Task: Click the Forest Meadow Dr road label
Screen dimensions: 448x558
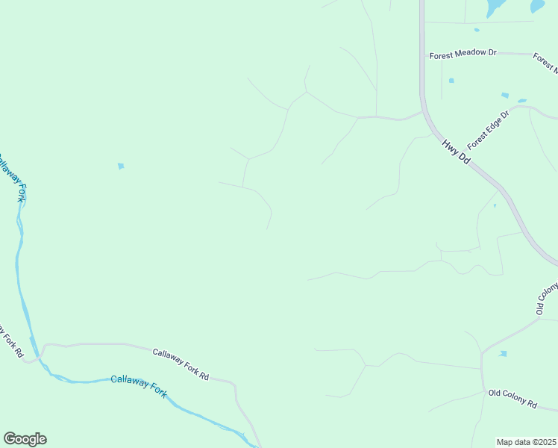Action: tap(463, 55)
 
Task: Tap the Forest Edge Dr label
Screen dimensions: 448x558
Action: tap(488, 129)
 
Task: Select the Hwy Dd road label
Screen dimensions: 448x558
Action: tap(455, 152)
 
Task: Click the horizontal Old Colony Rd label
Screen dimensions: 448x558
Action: tap(512, 397)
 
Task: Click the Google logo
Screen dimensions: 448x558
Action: tap(25, 439)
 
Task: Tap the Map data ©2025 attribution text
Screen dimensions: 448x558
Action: tap(527, 442)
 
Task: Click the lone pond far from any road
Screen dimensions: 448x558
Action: tap(121, 166)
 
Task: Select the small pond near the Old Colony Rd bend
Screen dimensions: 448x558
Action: tap(503, 353)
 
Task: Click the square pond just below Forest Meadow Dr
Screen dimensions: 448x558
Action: tap(451, 81)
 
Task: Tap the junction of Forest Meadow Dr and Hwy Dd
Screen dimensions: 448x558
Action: tap(422, 55)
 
